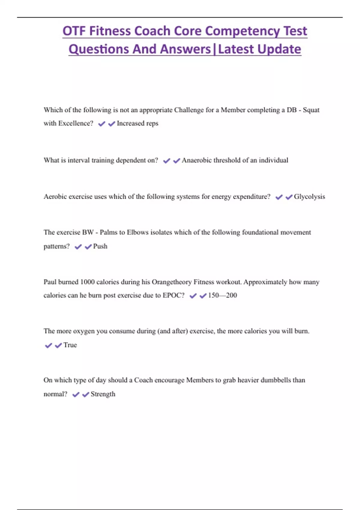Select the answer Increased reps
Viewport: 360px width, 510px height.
tap(137, 123)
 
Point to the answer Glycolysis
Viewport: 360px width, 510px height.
tap(309, 196)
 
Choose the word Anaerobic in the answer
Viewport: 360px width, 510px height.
tap(196, 160)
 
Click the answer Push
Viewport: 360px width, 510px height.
tap(100, 246)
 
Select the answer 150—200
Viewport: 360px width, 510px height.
tap(222, 295)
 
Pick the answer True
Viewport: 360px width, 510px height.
tap(70, 345)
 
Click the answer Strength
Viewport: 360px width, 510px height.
tap(103, 394)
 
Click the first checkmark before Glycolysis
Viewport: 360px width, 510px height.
tap(279, 197)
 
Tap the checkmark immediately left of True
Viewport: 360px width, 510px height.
tap(58, 346)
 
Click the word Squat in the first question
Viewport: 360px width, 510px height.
tap(311, 110)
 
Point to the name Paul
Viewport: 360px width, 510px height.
tap(50, 282)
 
